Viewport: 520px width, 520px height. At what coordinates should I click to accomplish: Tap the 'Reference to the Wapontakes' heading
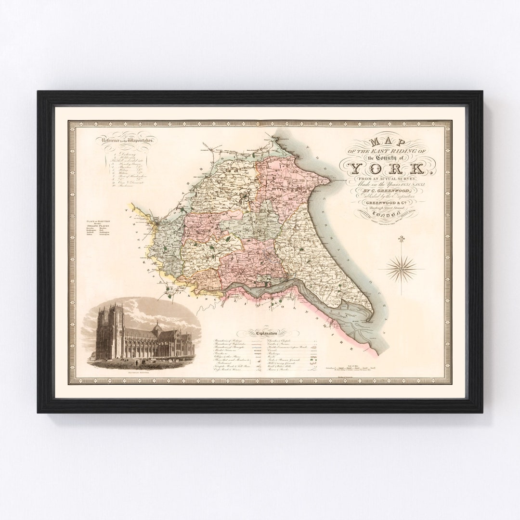(127, 140)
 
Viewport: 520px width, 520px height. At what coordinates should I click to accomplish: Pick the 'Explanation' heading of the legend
(264, 331)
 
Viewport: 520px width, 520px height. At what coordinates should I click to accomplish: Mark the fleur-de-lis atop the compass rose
(400, 239)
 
